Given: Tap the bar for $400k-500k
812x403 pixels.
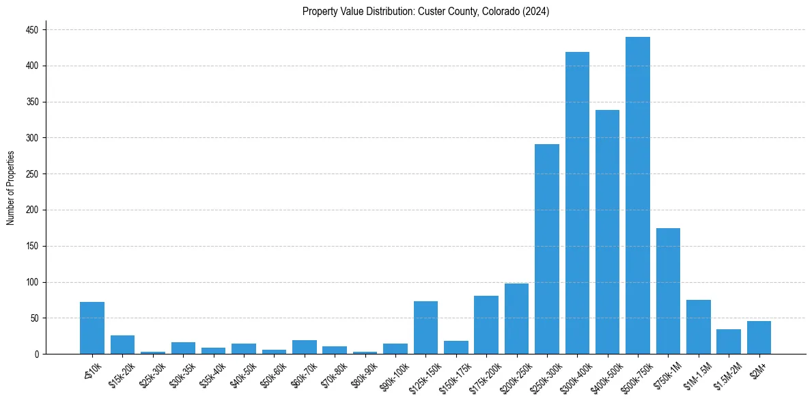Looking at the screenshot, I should [x=607, y=232].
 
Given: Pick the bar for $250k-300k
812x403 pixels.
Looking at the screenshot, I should [x=547, y=249].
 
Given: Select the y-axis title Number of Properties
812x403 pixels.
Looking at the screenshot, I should [x=11, y=188].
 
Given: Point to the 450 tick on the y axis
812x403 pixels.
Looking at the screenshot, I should [x=33, y=30].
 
